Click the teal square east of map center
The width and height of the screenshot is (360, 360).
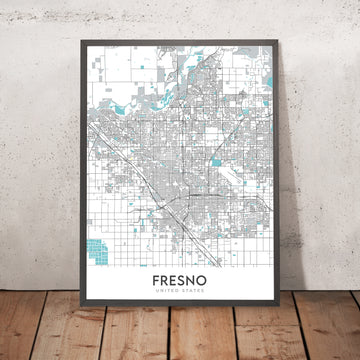click(215, 160)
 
